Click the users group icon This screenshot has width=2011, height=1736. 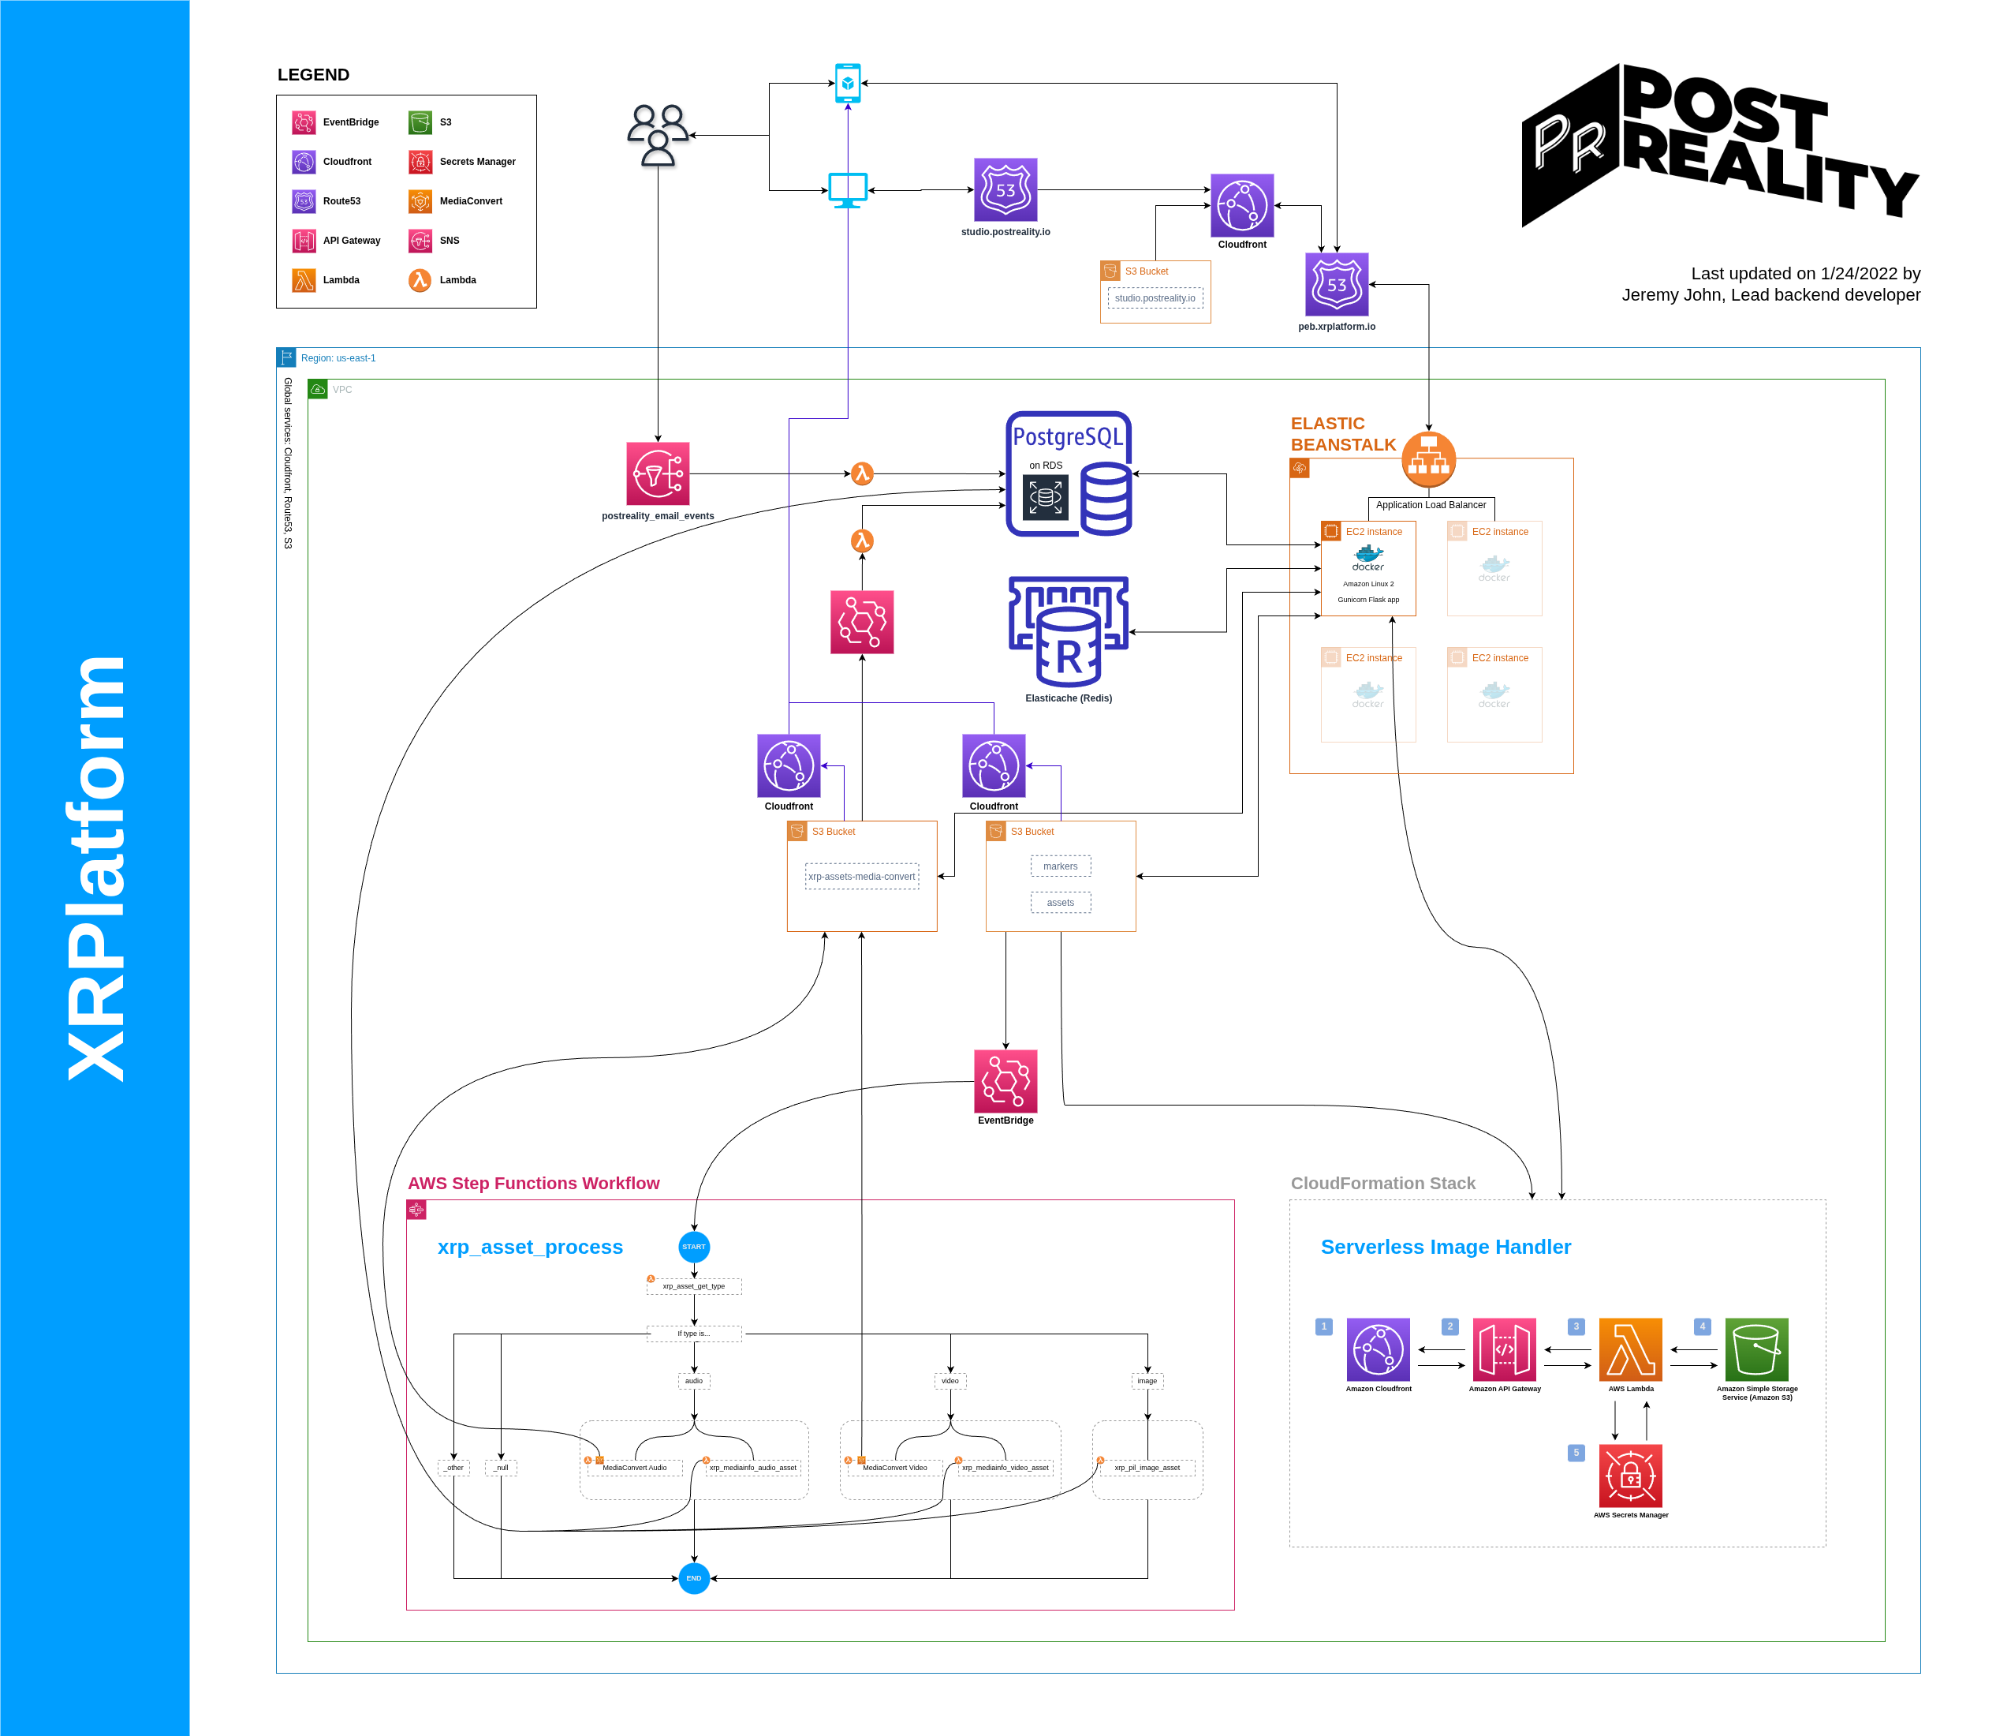click(658, 135)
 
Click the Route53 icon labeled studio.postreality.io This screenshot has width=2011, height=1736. click(1005, 190)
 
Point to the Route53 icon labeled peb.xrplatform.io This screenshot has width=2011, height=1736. click(1337, 285)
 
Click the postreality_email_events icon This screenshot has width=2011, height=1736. click(658, 473)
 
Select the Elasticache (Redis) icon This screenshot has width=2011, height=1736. click(1069, 632)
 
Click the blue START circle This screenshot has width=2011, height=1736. click(694, 1247)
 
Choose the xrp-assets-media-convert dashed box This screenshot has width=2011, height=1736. click(862, 877)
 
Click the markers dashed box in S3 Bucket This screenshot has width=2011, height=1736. click(1060, 866)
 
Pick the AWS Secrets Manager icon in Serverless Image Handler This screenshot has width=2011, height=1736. click(1631, 1476)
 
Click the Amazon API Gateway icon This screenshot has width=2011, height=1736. click(1505, 1349)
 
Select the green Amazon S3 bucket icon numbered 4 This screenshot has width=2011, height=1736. click(1757, 1349)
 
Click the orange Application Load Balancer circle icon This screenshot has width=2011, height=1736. click(1429, 459)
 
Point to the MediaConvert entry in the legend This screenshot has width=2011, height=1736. click(420, 201)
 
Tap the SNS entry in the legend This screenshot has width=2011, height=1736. click(420, 241)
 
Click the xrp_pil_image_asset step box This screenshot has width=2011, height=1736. click(1147, 1468)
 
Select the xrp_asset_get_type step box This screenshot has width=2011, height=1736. click(694, 1286)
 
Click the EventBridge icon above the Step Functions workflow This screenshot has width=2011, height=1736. click(1005, 1082)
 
